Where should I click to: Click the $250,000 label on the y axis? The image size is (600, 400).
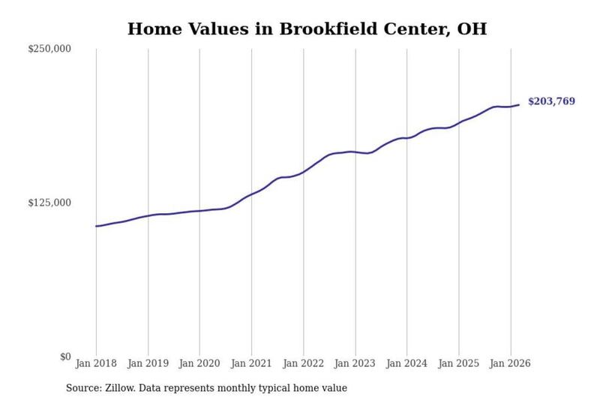click(x=49, y=49)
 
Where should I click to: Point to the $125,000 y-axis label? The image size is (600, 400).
click(x=49, y=203)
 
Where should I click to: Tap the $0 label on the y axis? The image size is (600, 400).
click(x=65, y=356)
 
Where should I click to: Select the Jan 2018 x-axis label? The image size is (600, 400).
click(x=96, y=363)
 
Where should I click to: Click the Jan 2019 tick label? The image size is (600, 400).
click(x=148, y=363)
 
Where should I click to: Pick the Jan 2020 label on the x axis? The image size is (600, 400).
click(x=199, y=363)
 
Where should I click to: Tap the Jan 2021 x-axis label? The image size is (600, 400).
click(x=251, y=363)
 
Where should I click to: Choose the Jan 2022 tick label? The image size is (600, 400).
click(x=304, y=363)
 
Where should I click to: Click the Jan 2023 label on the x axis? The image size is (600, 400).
click(x=355, y=363)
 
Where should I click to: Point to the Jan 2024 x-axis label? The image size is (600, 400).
click(x=406, y=363)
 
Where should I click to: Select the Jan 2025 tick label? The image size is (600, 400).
click(x=459, y=363)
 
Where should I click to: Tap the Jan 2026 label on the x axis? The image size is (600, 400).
click(x=511, y=363)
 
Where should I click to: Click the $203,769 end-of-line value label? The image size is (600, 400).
click(x=551, y=101)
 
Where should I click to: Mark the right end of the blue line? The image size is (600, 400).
click(x=519, y=104)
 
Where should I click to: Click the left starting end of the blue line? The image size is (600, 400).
click(x=96, y=226)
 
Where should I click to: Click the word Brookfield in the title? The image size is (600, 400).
click(x=328, y=29)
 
